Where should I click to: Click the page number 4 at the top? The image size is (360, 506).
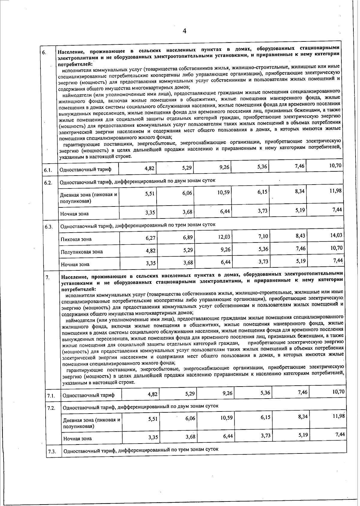click(184, 31)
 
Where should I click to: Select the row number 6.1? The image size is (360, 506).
click(48, 170)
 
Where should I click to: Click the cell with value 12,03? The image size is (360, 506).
click(224, 237)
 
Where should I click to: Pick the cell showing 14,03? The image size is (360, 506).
click(336, 235)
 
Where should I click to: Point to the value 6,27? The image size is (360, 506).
click(151, 238)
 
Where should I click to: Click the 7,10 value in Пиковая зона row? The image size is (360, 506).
click(263, 236)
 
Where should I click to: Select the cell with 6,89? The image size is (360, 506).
click(188, 237)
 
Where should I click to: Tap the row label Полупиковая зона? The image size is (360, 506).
click(82, 252)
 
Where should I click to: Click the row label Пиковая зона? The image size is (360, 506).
click(76, 239)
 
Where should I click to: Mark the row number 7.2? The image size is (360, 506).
click(51, 408)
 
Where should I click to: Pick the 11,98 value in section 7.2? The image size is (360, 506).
click(339, 416)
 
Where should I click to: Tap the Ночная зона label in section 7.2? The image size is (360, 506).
click(77, 438)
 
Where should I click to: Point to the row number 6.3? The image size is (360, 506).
click(49, 227)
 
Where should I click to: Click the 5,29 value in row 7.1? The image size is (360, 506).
click(190, 393)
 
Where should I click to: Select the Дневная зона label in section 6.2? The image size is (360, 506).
click(88, 197)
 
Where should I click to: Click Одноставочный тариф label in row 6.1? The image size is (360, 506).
click(85, 170)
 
